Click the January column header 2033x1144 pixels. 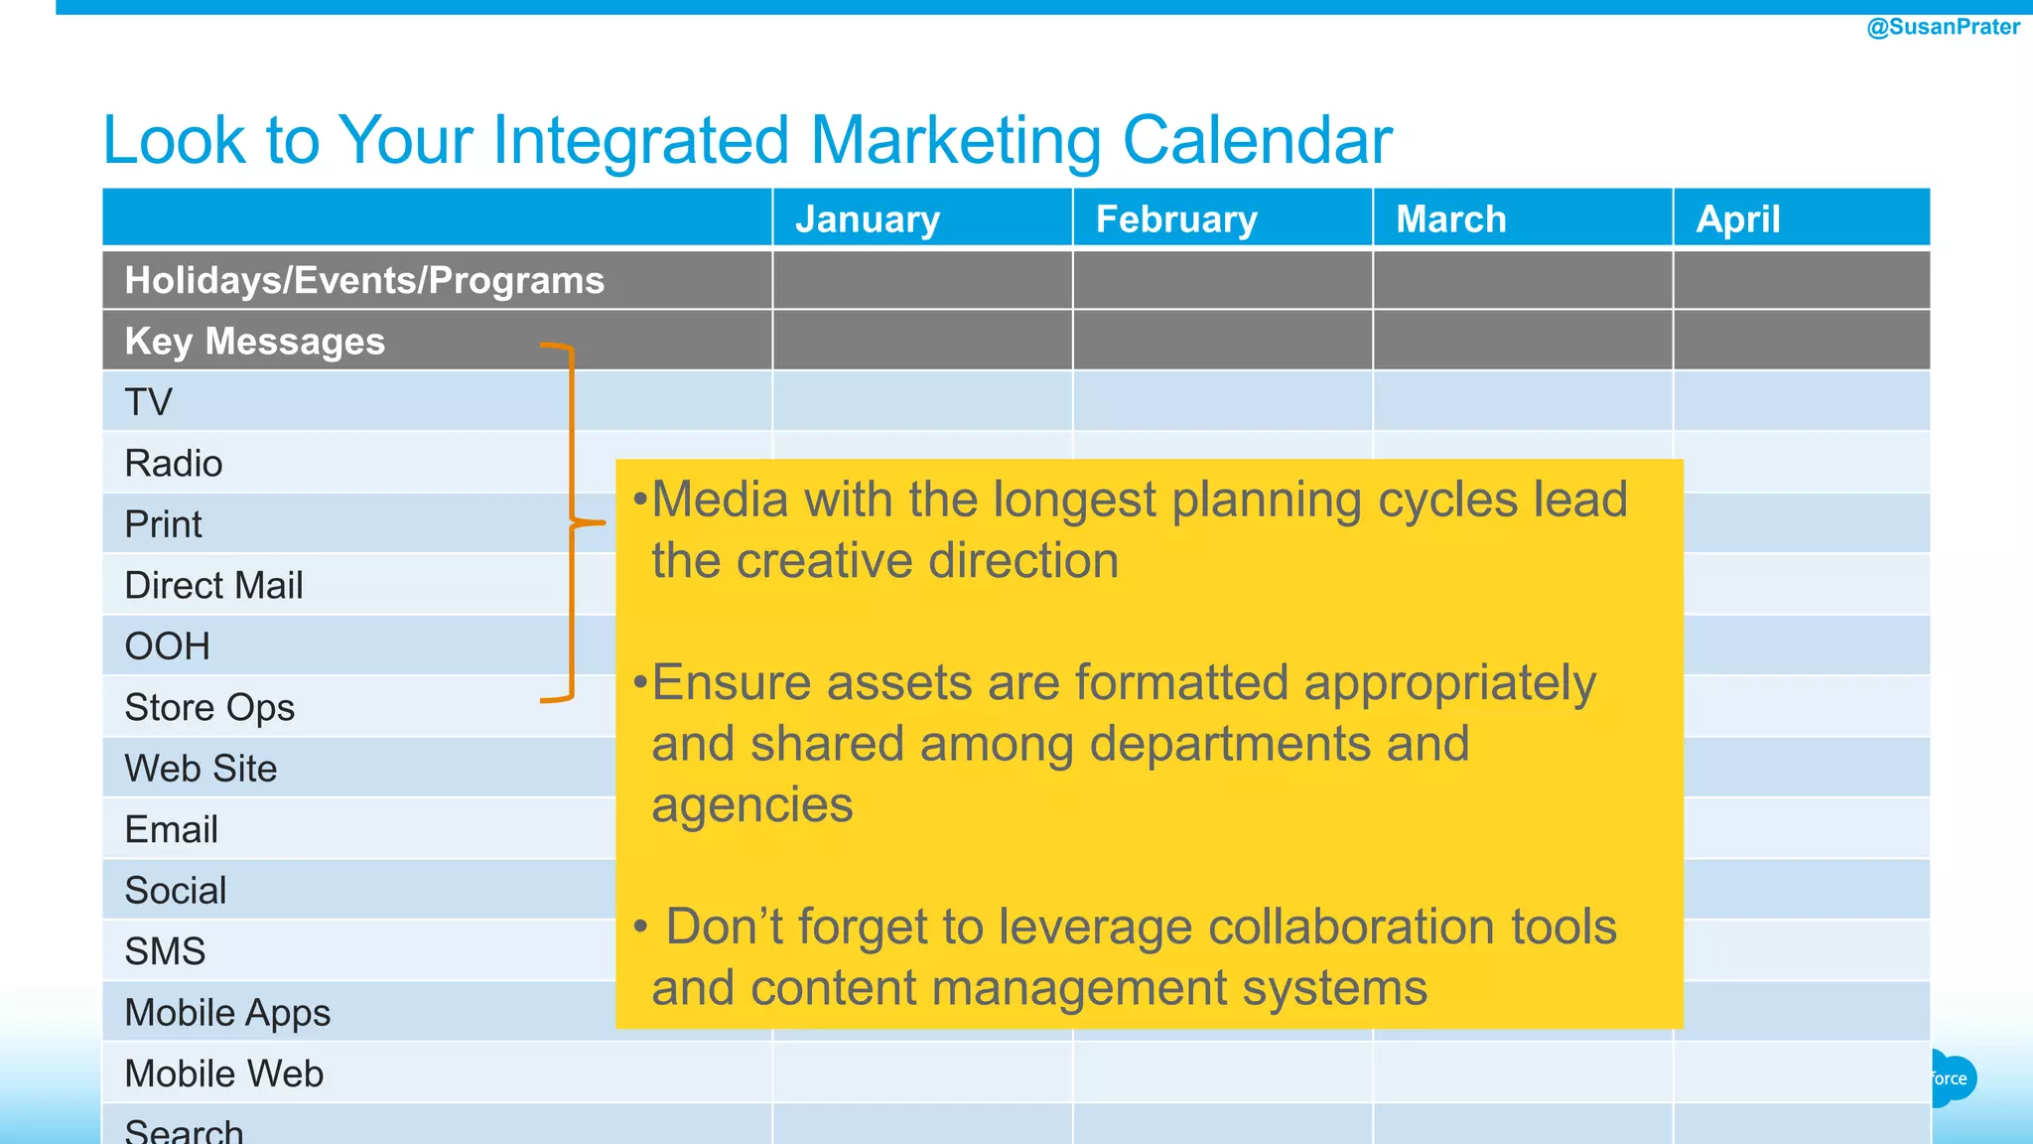point(868,218)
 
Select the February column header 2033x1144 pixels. point(1176,218)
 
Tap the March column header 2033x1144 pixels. point(1451,218)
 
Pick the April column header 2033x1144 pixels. point(1738,218)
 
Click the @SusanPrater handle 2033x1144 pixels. point(1943,27)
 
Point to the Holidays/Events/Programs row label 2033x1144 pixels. point(364,280)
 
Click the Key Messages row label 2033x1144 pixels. point(254,341)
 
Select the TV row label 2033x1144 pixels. point(149,402)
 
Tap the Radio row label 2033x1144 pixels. point(174,463)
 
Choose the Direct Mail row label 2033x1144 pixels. point(213,585)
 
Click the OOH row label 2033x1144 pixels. point(167,646)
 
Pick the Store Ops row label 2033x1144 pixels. point(209,707)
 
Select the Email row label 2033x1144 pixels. point(171,829)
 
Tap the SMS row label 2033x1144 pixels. point(165,951)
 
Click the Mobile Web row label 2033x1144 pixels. point(224,1073)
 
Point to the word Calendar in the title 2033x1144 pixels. point(1257,139)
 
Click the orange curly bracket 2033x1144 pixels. point(572,522)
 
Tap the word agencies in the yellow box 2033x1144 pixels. point(752,804)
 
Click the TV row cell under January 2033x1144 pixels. point(922,401)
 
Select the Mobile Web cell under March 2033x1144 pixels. point(1523,1072)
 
